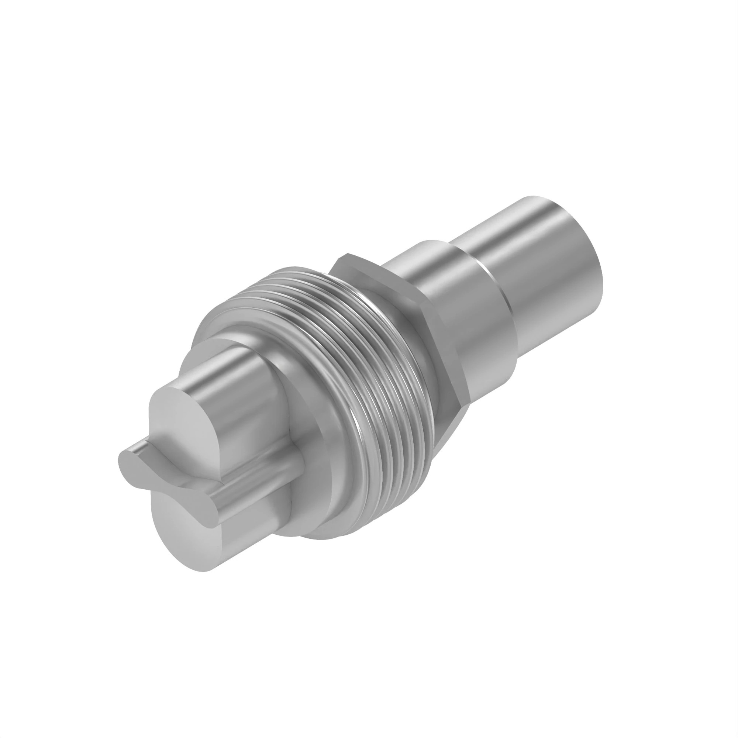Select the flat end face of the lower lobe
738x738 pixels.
[x=183, y=535]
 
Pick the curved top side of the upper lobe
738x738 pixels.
[x=229, y=363]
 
